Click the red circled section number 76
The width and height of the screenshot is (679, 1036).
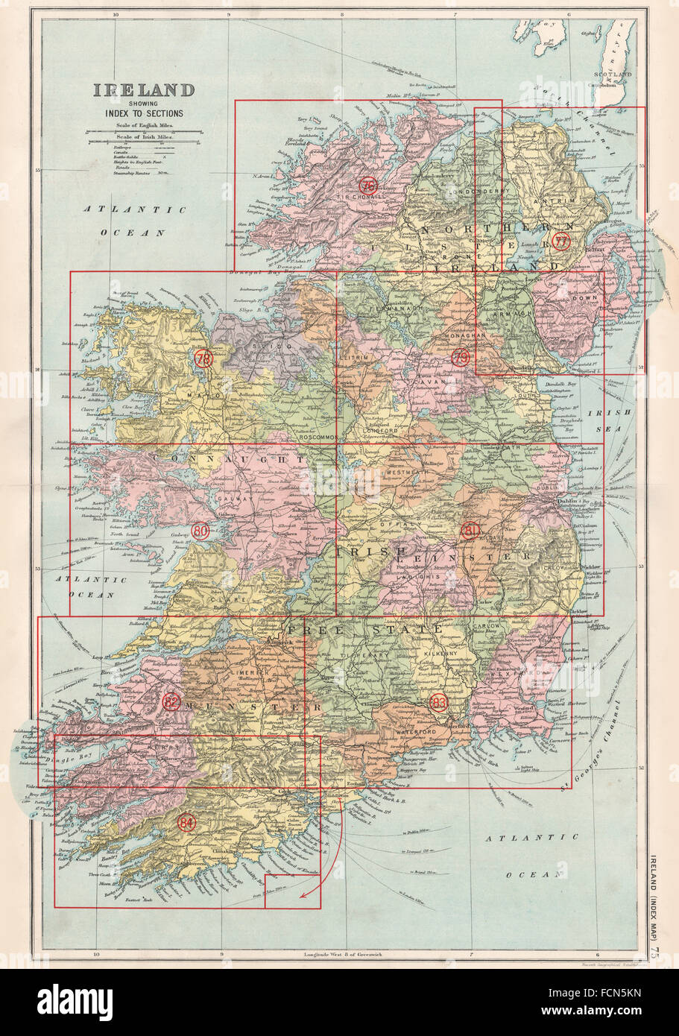click(x=367, y=186)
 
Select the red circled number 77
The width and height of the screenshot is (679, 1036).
click(x=561, y=241)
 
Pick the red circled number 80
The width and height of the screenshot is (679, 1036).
click(x=200, y=531)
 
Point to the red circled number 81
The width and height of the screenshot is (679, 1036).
click(x=470, y=531)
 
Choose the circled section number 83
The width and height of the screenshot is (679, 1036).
click(x=439, y=701)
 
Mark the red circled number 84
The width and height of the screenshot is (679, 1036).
click(x=187, y=823)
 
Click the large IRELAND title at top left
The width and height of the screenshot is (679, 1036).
click(x=143, y=91)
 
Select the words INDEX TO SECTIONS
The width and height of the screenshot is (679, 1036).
click(x=143, y=113)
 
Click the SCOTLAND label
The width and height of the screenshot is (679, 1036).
click(x=613, y=75)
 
